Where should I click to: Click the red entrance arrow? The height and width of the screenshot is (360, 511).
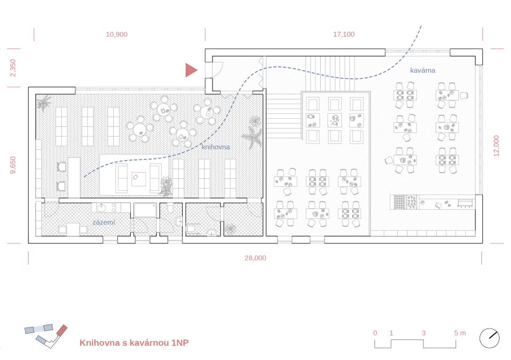[x=191, y=70]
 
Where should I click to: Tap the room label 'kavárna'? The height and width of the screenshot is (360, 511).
[x=422, y=70]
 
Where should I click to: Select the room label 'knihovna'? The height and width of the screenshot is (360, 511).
[x=215, y=147]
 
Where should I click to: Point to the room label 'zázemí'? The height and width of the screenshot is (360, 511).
[x=104, y=222]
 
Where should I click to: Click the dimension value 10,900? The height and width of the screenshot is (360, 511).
[x=117, y=34]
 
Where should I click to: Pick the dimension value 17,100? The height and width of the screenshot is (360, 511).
[x=344, y=34]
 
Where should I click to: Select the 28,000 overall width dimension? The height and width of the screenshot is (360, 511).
[x=255, y=258]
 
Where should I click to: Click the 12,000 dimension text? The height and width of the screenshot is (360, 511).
[x=496, y=146]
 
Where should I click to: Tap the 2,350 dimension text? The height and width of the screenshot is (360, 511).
[x=13, y=68]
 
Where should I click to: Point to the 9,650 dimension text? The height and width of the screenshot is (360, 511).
[x=13, y=165]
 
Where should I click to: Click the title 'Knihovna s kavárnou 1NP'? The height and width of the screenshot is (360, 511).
[x=134, y=343]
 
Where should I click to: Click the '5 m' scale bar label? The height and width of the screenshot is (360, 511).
[x=460, y=333]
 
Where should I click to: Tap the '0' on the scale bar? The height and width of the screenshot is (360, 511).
[x=375, y=333]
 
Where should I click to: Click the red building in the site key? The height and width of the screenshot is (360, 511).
[x=62, y=330]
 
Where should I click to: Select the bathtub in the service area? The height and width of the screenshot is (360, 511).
[x=145, y=210]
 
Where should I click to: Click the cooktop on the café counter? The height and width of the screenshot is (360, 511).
[x=400, y=202]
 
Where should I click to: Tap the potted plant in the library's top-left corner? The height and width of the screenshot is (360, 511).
[x=43, y=103]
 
